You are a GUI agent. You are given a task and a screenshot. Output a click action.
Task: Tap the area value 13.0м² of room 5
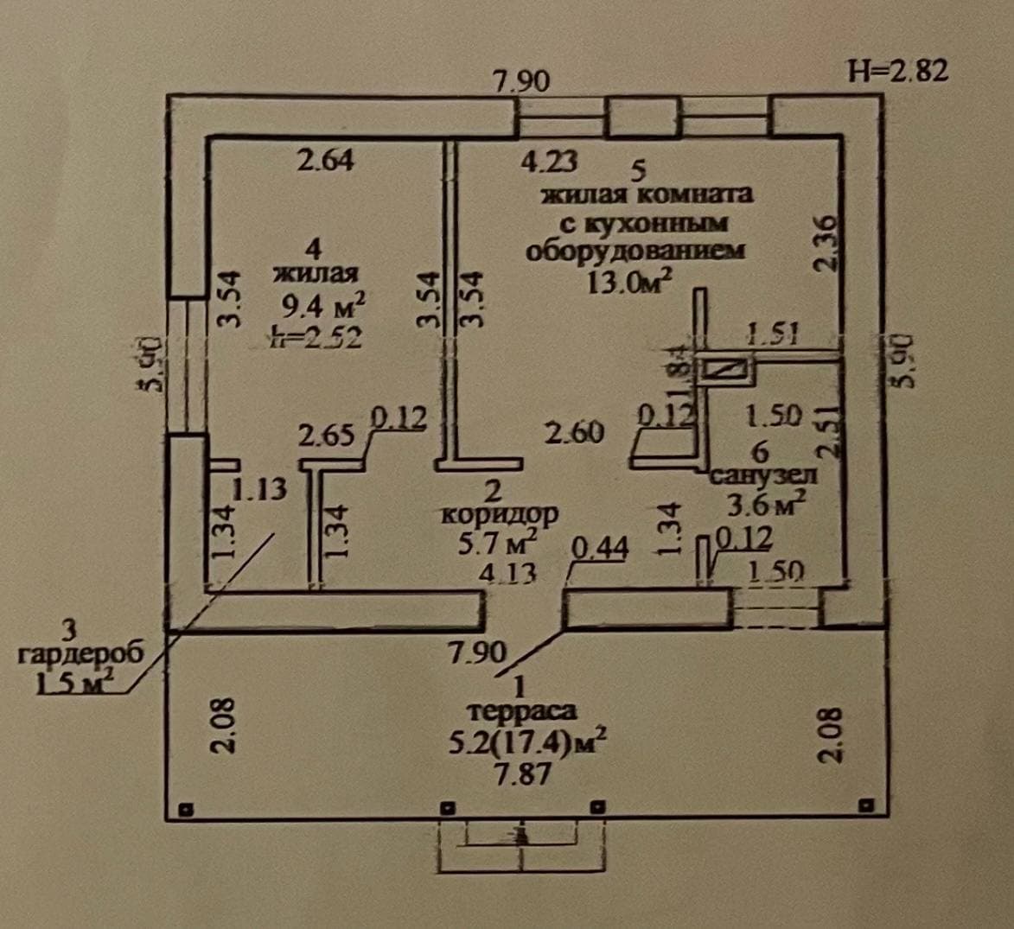pyautogui.click(x=629, y=282)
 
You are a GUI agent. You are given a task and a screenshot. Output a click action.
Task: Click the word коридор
pyautogui.click(x=500, y=514)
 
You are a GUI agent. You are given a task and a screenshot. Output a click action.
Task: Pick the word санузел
pyautogui.click(x=762, y=474)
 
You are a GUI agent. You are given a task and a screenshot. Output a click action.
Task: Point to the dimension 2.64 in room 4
pyautogui.click(x=325, y=161)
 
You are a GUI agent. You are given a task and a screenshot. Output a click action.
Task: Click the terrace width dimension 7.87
pyautogui.click(x=521, y=773)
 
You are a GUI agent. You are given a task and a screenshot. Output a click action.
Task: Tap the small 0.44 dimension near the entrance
pyautogui.click(x=599, y=548)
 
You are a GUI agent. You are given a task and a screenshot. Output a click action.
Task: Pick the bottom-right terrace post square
pyautogui.click(x=864, y=805)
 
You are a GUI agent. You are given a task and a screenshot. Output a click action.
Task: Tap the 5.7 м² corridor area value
pyautogui.click(x=501, y=544)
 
